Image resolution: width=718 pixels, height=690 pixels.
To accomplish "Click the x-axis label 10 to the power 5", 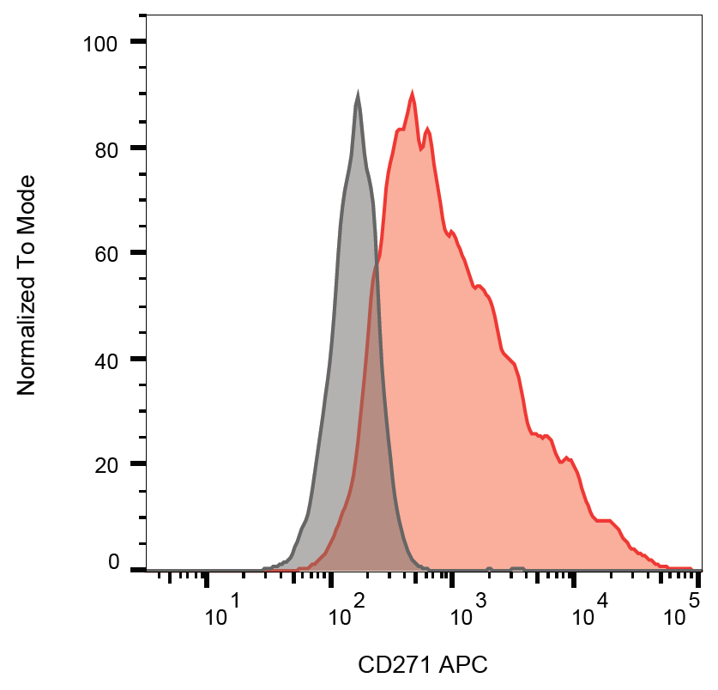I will (681, 611).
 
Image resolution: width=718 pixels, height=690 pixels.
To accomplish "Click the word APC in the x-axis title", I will (462, 665).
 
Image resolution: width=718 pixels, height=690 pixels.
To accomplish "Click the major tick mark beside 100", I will (138, 42).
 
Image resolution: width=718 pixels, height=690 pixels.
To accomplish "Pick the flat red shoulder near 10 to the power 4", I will (603, 520).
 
